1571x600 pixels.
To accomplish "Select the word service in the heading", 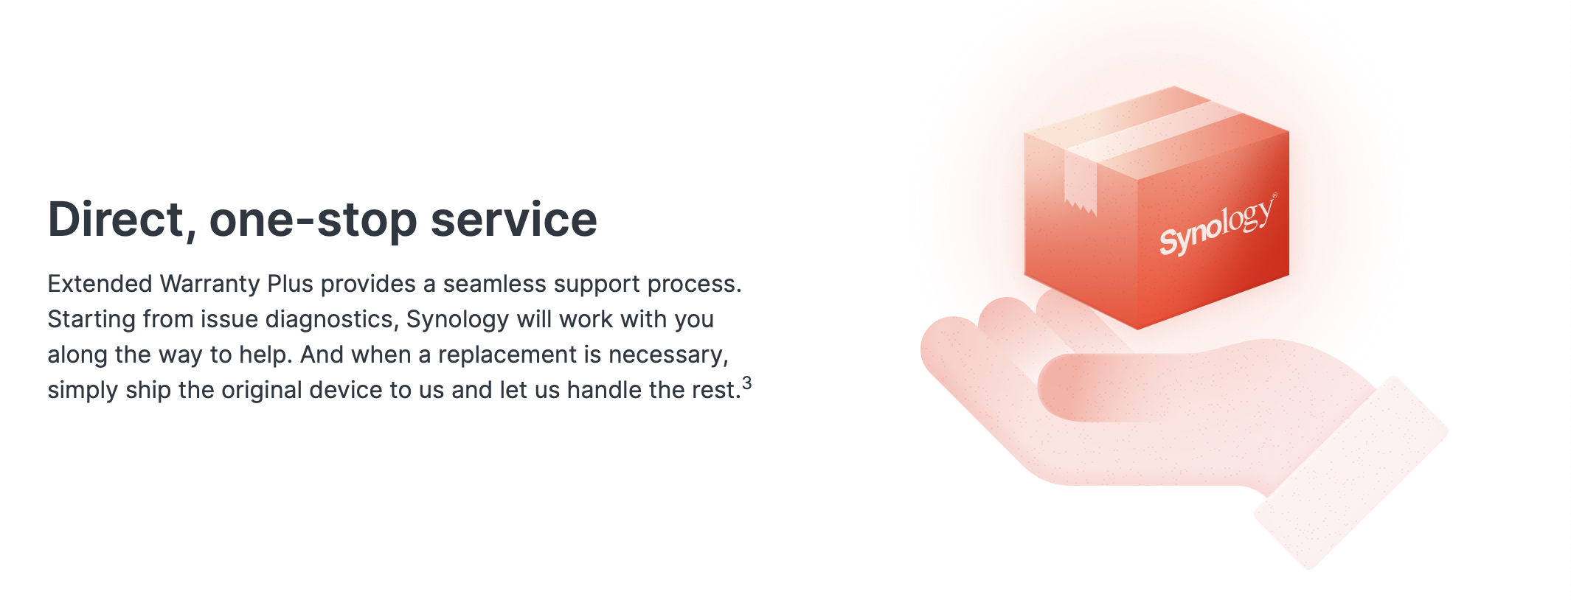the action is click(x=513, y=220).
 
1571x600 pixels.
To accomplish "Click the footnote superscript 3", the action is click(x=747, y=383).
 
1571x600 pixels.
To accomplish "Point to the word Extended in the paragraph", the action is click(x=100, y=284).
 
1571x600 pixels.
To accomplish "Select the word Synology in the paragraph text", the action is click(x=457, y=320).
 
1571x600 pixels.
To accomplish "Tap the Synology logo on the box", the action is click(x=1216, y=225).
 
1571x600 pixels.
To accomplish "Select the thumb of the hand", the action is click(x=1106, y=388).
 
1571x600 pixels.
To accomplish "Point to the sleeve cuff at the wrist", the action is click(x=1351, y=473).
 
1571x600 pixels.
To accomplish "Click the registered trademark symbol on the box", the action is click(x=1275, y=195).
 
